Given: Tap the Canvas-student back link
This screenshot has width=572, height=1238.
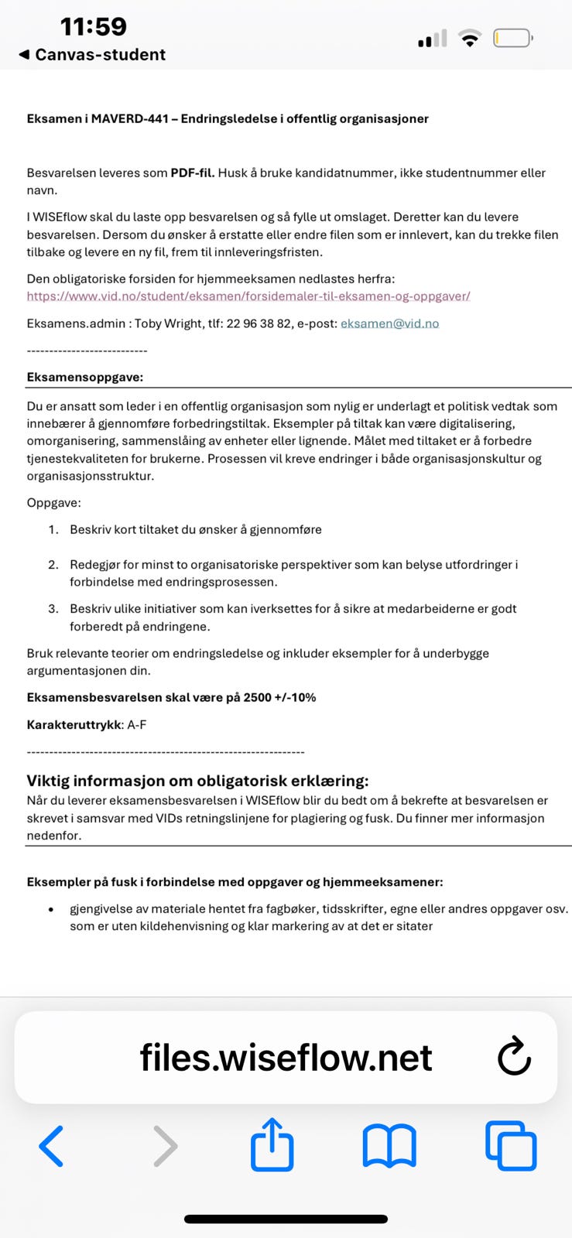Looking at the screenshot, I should tap(92, 55).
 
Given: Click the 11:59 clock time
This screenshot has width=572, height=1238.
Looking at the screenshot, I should tap(94, 26).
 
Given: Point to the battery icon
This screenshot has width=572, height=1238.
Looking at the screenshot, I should tap(512, 38).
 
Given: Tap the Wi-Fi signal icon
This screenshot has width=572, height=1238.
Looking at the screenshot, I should tap(469, 38).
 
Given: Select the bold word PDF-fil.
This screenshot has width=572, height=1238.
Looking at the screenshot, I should tap(192, 173).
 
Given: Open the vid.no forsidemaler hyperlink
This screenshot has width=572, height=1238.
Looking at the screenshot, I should tap(248, 296).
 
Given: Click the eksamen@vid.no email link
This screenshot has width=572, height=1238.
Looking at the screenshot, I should tap(389, 323).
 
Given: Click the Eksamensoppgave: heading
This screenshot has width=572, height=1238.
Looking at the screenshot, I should tap(85, 378).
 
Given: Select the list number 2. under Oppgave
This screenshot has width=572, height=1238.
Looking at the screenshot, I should tap(53, 565).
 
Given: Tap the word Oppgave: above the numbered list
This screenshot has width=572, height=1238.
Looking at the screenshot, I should tap(53, 503).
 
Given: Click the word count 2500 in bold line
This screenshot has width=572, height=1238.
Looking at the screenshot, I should tap(257, 697).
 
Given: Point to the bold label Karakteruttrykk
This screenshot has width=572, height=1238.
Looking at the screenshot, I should tap(74, 725).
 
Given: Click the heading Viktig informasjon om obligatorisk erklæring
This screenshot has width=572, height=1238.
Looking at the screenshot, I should tap(197, 781).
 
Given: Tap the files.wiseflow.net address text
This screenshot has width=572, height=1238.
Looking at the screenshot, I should tap(286, 1058).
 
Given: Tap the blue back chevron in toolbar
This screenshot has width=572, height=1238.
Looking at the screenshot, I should tap(51, 1146).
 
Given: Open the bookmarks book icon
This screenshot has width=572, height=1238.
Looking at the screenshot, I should tap(389, 1146).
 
